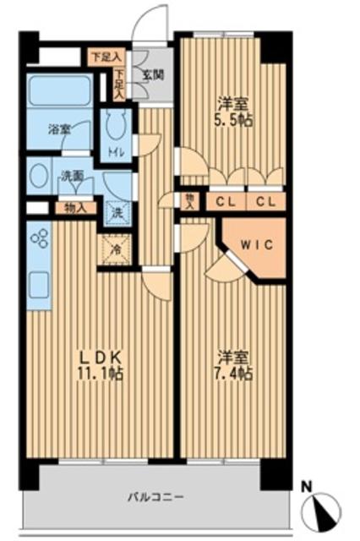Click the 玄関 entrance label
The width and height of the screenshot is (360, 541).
[153, 74]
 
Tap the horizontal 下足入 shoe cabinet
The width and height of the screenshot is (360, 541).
[106, 57]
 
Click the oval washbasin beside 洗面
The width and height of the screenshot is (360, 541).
[38, 177]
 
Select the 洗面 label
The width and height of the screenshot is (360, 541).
[71, 177]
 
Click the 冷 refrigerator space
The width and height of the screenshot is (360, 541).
[116, 249]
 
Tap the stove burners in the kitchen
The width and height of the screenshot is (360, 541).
[38, 239]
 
